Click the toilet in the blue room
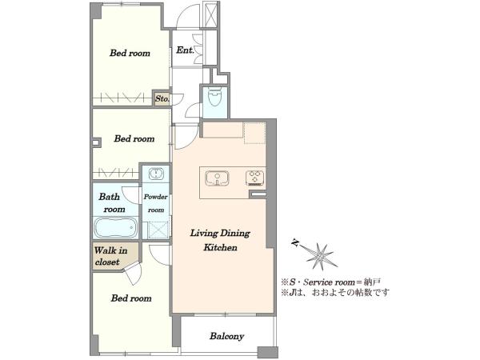215,96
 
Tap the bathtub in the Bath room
115,227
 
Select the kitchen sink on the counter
217,178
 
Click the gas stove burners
254,178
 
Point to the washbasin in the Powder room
156,174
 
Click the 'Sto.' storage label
162,99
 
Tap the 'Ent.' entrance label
185,50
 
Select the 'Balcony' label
227,336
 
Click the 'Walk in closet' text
110,256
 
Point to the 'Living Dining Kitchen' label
220,240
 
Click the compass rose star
321,257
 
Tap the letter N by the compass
295,242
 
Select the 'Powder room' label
156,203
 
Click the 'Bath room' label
112,202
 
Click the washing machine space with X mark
158,230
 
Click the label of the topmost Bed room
130,53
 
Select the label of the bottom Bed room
131,298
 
